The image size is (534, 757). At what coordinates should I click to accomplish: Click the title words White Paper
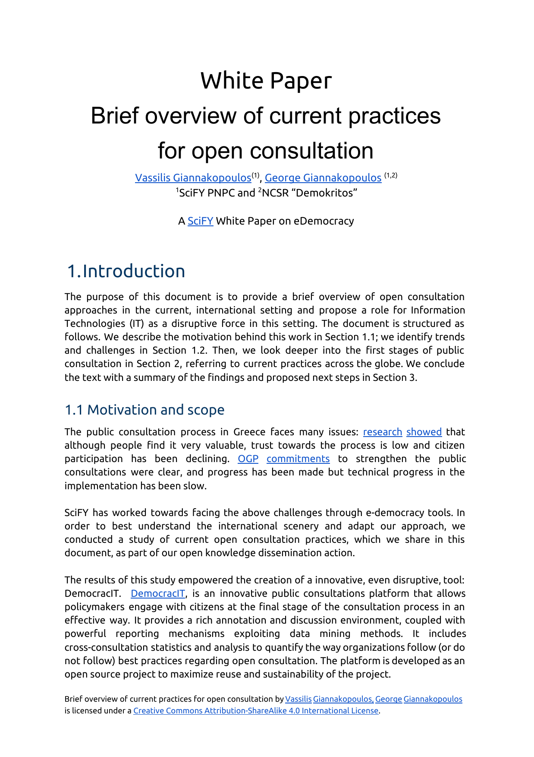click(x=266, y=81)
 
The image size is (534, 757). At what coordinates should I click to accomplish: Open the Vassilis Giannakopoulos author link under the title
click(x=193, y=178)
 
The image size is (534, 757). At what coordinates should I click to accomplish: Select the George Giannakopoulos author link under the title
click(x=323, y=178)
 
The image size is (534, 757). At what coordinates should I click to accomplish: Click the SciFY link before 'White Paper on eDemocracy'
click(x=200, y=221)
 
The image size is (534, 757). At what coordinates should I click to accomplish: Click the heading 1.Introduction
click(x=126, y=271)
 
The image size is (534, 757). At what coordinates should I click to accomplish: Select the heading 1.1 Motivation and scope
click(x=144, y=410)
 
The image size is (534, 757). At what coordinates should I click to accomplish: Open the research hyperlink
click(x=382, y=432)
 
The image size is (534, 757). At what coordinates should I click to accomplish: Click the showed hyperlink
click(x=424, y=432)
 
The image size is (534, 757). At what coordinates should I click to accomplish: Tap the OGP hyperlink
click(x=248, y=459)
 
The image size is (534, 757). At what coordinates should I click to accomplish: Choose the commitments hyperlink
click(x=298, y=459)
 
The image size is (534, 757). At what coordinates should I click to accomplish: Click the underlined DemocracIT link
click(x=158, y=594)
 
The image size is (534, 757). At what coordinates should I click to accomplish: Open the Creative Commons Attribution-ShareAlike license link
click(x=256, y=711)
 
